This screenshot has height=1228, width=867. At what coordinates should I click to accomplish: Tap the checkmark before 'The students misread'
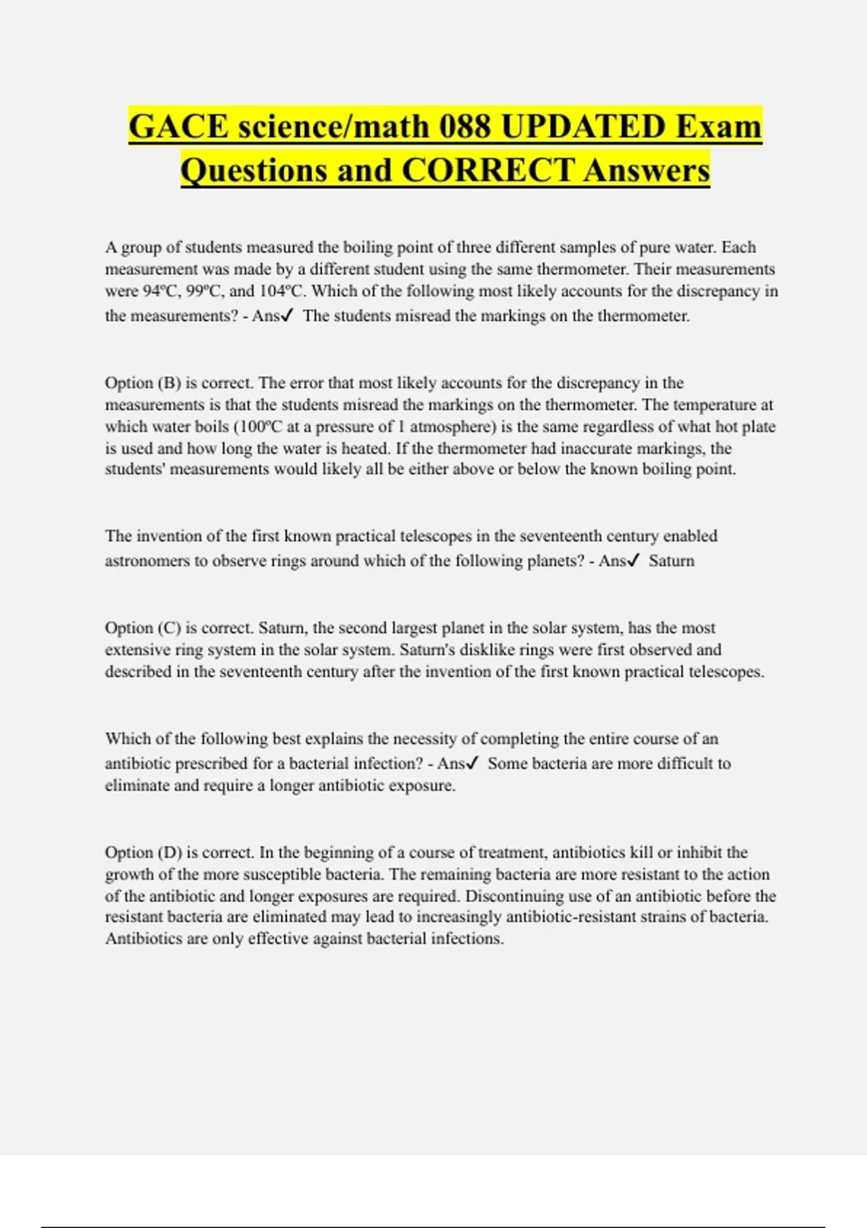(x=288, y=316)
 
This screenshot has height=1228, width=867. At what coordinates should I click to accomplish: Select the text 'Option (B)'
(x=142, y=383)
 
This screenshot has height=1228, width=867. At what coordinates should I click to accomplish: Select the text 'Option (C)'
(x=142, y=628)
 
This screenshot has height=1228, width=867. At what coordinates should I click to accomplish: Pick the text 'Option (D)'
(x=142, y=852)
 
